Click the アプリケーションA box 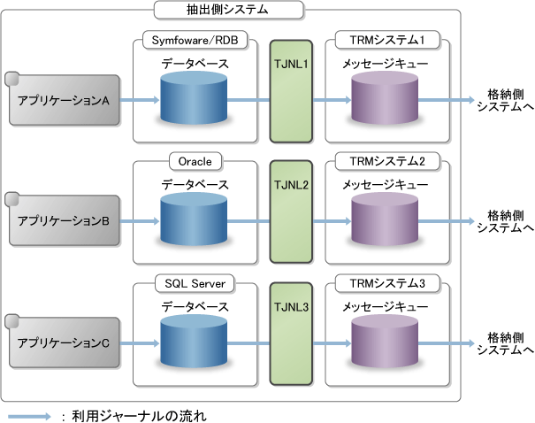[63, 100]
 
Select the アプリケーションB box [63, 221]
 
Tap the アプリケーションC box [63, 343]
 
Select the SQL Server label [195, 282]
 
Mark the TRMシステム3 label [387, 282]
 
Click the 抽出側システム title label [229, 11]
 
